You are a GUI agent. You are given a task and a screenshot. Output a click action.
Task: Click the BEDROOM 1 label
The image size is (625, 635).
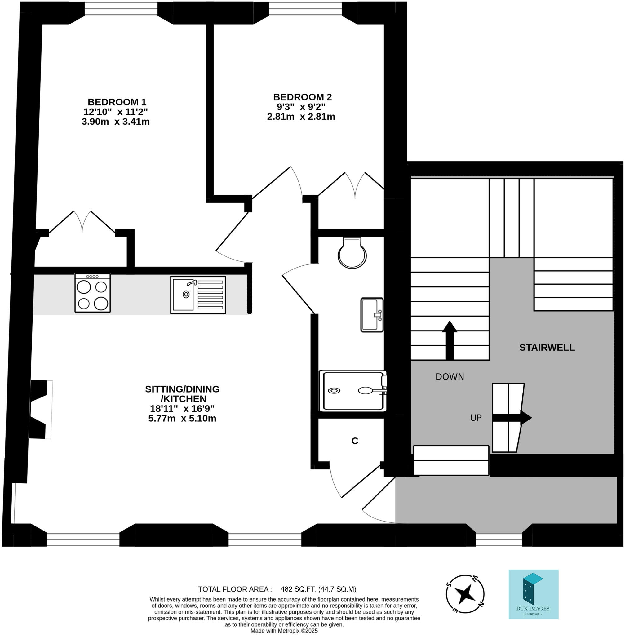117,102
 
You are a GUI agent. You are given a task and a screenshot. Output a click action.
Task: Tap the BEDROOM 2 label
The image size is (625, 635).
302,97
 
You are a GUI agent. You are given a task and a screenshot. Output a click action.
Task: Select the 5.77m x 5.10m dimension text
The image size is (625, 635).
182,418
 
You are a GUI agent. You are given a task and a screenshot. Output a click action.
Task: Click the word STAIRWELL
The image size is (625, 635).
547,347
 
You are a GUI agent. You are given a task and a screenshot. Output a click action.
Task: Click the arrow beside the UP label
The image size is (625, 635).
512,418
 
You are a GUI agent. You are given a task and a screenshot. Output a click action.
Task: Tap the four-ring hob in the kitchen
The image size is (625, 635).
92,293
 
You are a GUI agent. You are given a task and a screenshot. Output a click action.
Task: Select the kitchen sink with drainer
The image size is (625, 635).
197,295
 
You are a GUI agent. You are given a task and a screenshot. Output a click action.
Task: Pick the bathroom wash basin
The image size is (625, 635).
372,315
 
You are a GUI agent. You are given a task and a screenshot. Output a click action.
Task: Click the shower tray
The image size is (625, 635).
352,391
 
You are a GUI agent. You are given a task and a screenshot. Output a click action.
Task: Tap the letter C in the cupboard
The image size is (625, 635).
355,441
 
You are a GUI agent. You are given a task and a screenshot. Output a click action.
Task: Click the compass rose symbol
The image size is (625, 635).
465,594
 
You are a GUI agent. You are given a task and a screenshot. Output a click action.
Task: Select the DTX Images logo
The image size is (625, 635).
533,594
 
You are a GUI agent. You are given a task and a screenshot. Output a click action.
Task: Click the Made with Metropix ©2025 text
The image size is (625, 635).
284,631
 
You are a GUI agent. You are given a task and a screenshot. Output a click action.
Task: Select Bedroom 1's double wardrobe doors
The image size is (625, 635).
82,222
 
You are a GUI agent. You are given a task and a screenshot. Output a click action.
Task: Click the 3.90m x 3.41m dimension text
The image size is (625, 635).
116,122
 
